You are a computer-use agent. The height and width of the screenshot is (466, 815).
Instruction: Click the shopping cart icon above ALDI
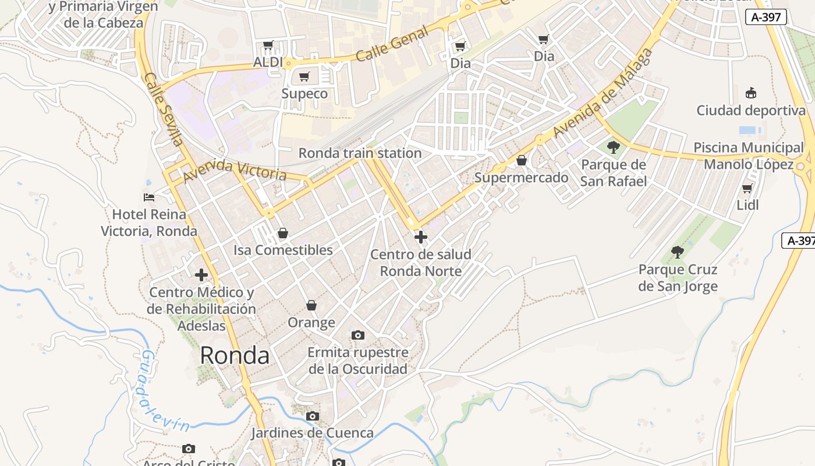[268, 45]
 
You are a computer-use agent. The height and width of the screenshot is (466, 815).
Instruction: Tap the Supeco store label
[304, 93]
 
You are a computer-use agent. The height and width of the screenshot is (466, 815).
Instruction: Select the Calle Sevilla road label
[164, 109]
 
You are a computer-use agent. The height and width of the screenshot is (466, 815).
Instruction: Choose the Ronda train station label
[360, 153]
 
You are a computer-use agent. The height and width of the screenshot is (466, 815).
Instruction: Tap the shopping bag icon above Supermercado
[522, 160]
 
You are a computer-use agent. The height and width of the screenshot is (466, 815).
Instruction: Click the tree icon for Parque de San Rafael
[613, 147]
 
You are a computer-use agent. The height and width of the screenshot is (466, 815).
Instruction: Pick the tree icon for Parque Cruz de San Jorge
[677, 252]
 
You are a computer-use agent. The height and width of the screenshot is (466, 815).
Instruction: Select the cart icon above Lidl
[747, 188]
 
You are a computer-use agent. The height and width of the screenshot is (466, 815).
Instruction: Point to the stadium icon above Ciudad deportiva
[751, 93]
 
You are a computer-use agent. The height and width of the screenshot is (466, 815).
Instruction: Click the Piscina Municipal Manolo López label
[749, 156]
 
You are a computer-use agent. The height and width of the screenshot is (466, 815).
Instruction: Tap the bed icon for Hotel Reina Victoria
[149, 197]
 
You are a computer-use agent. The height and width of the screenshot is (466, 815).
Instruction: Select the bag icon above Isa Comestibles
[283, 233]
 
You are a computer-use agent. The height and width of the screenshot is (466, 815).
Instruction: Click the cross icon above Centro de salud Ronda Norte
[420, 237]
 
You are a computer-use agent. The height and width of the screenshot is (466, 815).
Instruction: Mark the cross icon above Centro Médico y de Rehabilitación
[201, 275]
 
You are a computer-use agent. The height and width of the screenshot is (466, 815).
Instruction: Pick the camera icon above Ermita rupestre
[357, 335]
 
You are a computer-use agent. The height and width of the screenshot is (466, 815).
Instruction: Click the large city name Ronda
[235, 355]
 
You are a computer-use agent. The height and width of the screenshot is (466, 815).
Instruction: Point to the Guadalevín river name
[164, 391]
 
